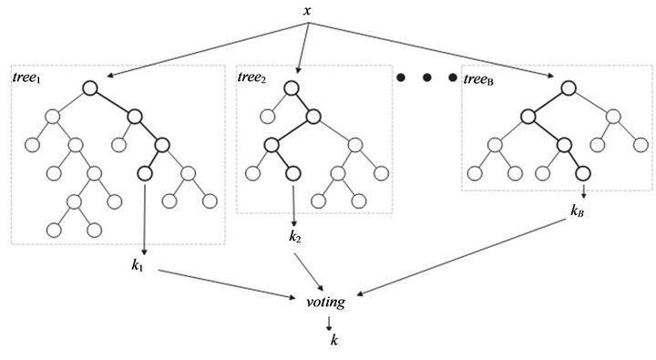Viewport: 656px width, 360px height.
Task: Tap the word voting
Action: point(326,300)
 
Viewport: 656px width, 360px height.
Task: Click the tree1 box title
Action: point(29,77)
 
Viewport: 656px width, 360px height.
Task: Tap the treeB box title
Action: point(480,78)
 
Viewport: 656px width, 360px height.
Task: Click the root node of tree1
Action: point(89,88)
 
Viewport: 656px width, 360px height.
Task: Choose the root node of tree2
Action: point(292,88)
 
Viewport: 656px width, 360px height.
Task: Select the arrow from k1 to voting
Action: point(228,283)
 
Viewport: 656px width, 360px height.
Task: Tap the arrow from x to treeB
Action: point(437,49)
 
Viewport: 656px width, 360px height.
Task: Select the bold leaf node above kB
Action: point(582,172)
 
